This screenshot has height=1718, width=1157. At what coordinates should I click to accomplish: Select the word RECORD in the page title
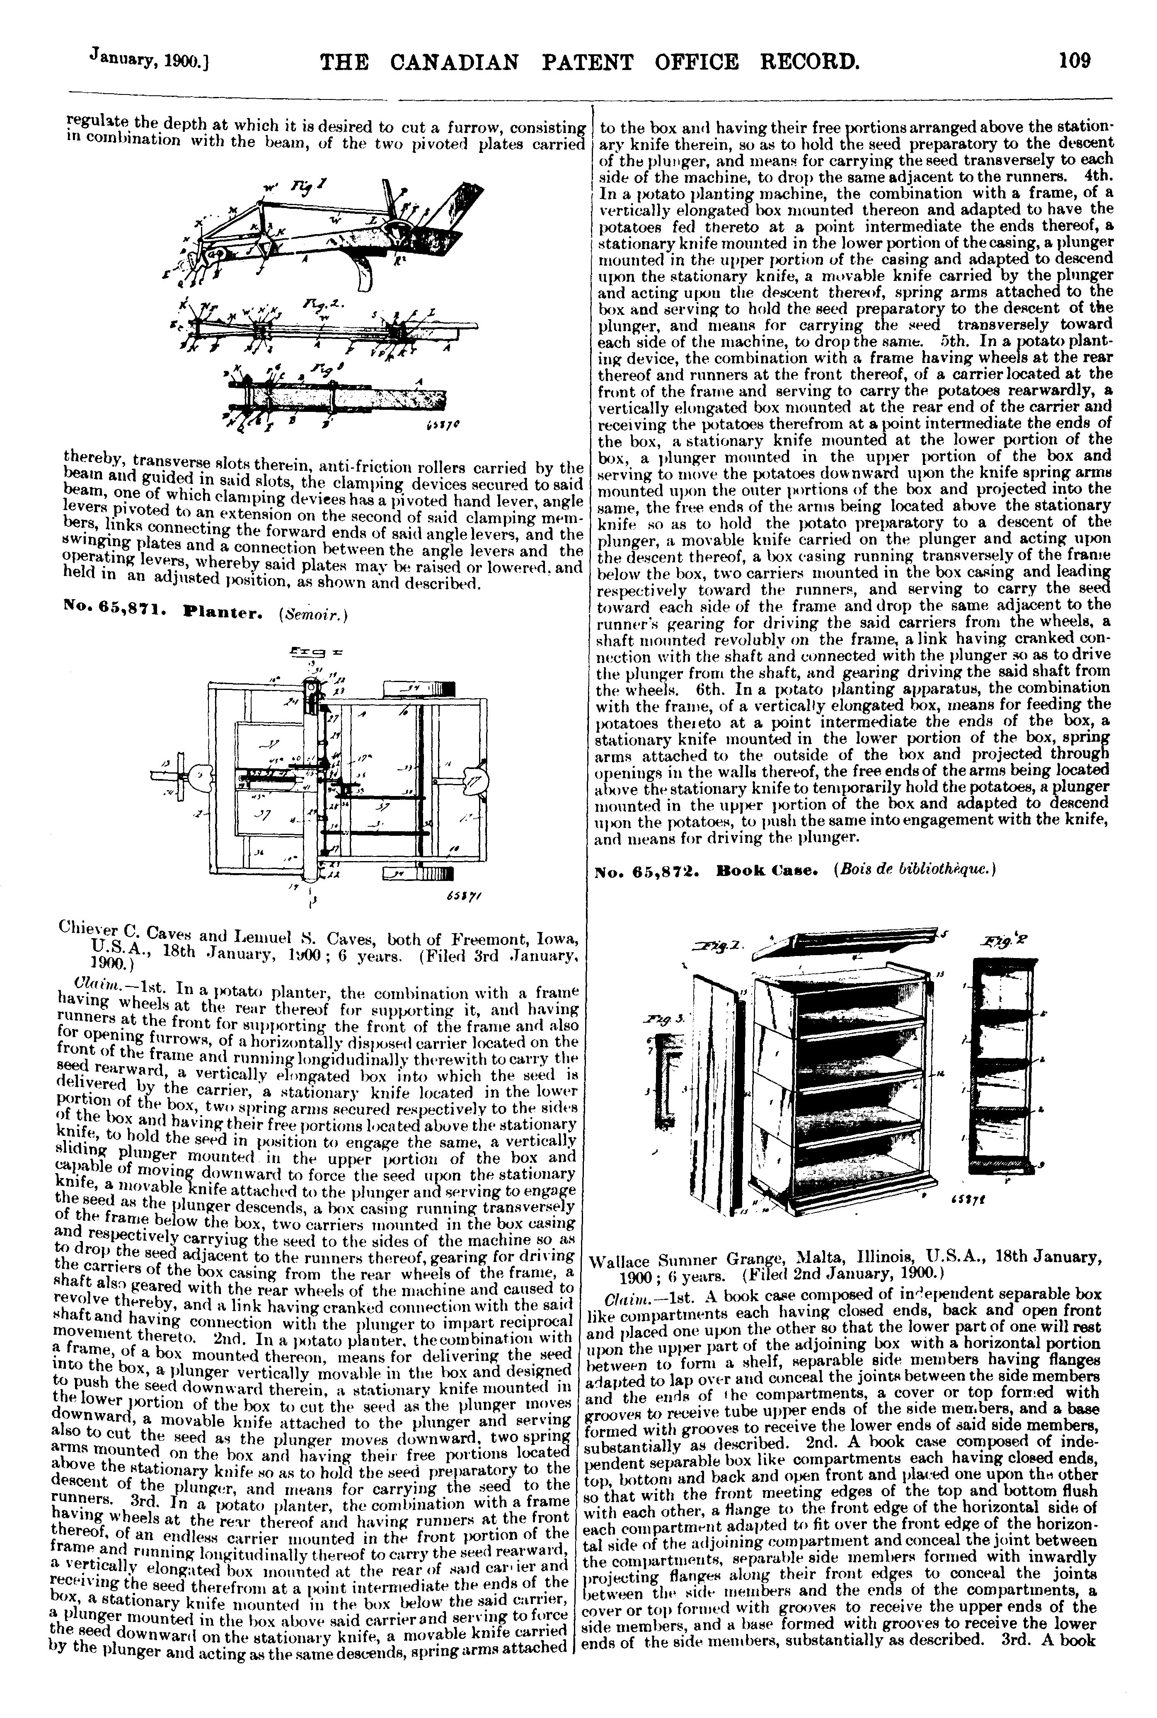point(809,60)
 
